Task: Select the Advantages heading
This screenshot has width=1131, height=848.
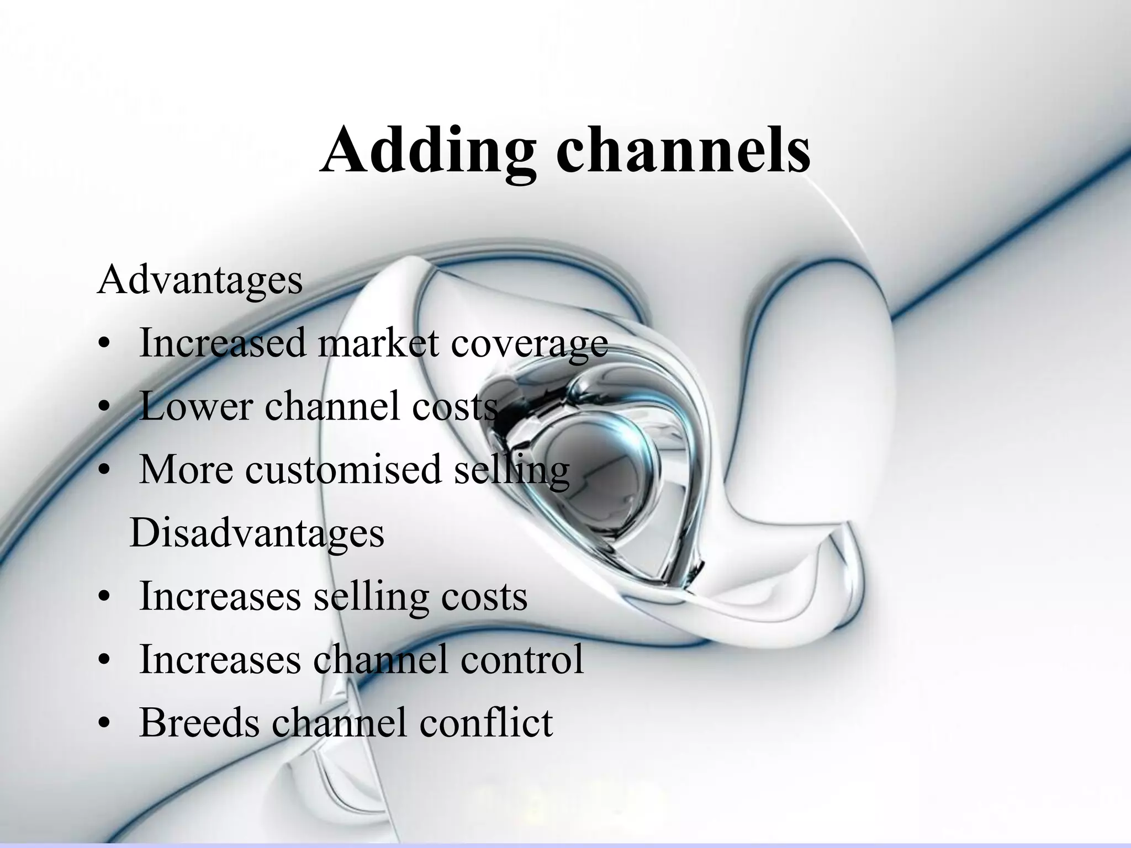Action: [199, 280]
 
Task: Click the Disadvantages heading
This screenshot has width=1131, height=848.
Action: [257, 533]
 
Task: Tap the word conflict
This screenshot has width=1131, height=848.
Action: [485, 722]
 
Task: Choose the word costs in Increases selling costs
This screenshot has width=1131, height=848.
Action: [482, 596]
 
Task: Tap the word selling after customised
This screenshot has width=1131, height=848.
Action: [511, 470]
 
